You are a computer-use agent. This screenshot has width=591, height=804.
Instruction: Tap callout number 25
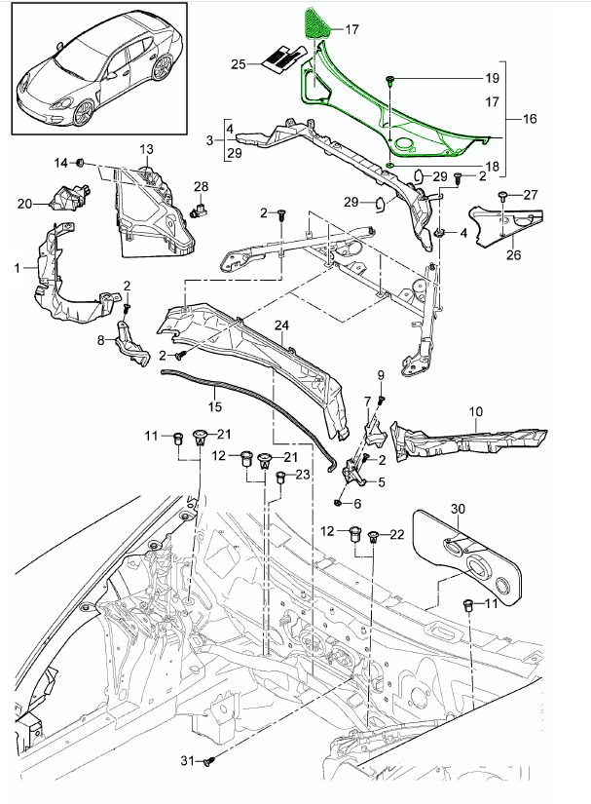click(239, 64)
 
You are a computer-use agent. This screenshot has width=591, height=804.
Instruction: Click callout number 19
click(492, 78)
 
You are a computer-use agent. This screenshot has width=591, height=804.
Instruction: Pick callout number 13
click(146, 149)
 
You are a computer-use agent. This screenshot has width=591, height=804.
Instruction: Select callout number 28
click(201, 186)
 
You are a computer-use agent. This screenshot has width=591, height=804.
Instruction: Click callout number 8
click(100, 340)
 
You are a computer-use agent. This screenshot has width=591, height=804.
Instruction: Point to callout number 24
click(281, 325)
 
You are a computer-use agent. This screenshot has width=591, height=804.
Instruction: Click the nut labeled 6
click(336, 502)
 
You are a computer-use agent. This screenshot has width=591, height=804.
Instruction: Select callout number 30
click(459, 509)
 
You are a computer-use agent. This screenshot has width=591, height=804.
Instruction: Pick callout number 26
click(512, 257)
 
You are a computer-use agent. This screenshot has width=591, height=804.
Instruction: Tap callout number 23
click(302, 475)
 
